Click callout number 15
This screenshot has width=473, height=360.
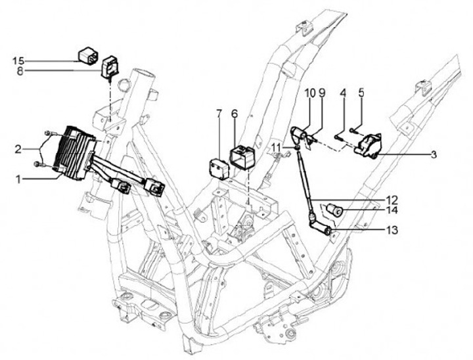pyautogui.click(x=18, y=60)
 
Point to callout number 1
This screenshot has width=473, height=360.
pyautogui.click(x=20, y=177)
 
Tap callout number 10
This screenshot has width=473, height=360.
pyautogui.click(x=309, y=93)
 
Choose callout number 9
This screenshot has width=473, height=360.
pyautogui.click(x=322, y=93)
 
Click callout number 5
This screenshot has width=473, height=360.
pyautogui.click(x=360, y=93)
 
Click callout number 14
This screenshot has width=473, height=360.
pyautogui.click(x=393, y=211)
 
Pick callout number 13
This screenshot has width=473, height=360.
pyautogui.click(x=392, y=231)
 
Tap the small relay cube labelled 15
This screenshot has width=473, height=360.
pyautogui.click(x=88, y=54)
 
